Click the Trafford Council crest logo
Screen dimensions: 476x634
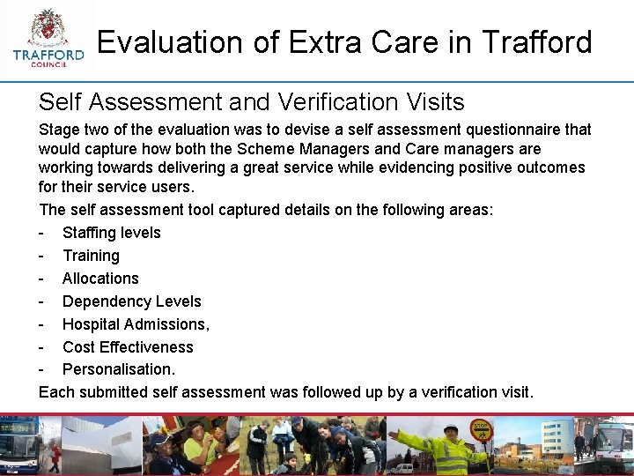click(49, 35)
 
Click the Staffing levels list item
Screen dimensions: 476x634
click(111, 233)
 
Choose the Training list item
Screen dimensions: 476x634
click(91, 256)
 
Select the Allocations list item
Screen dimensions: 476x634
click(100, 279)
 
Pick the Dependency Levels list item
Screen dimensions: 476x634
click(131, 301)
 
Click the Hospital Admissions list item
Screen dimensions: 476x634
click(136, 324)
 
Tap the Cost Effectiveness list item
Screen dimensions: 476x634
click(128, 347)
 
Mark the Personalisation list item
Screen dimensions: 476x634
click(119, 369)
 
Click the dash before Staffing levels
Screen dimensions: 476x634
click(41, 233)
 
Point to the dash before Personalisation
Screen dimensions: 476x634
click(41, 369)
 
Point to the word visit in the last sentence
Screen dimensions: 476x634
click(515, 391)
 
